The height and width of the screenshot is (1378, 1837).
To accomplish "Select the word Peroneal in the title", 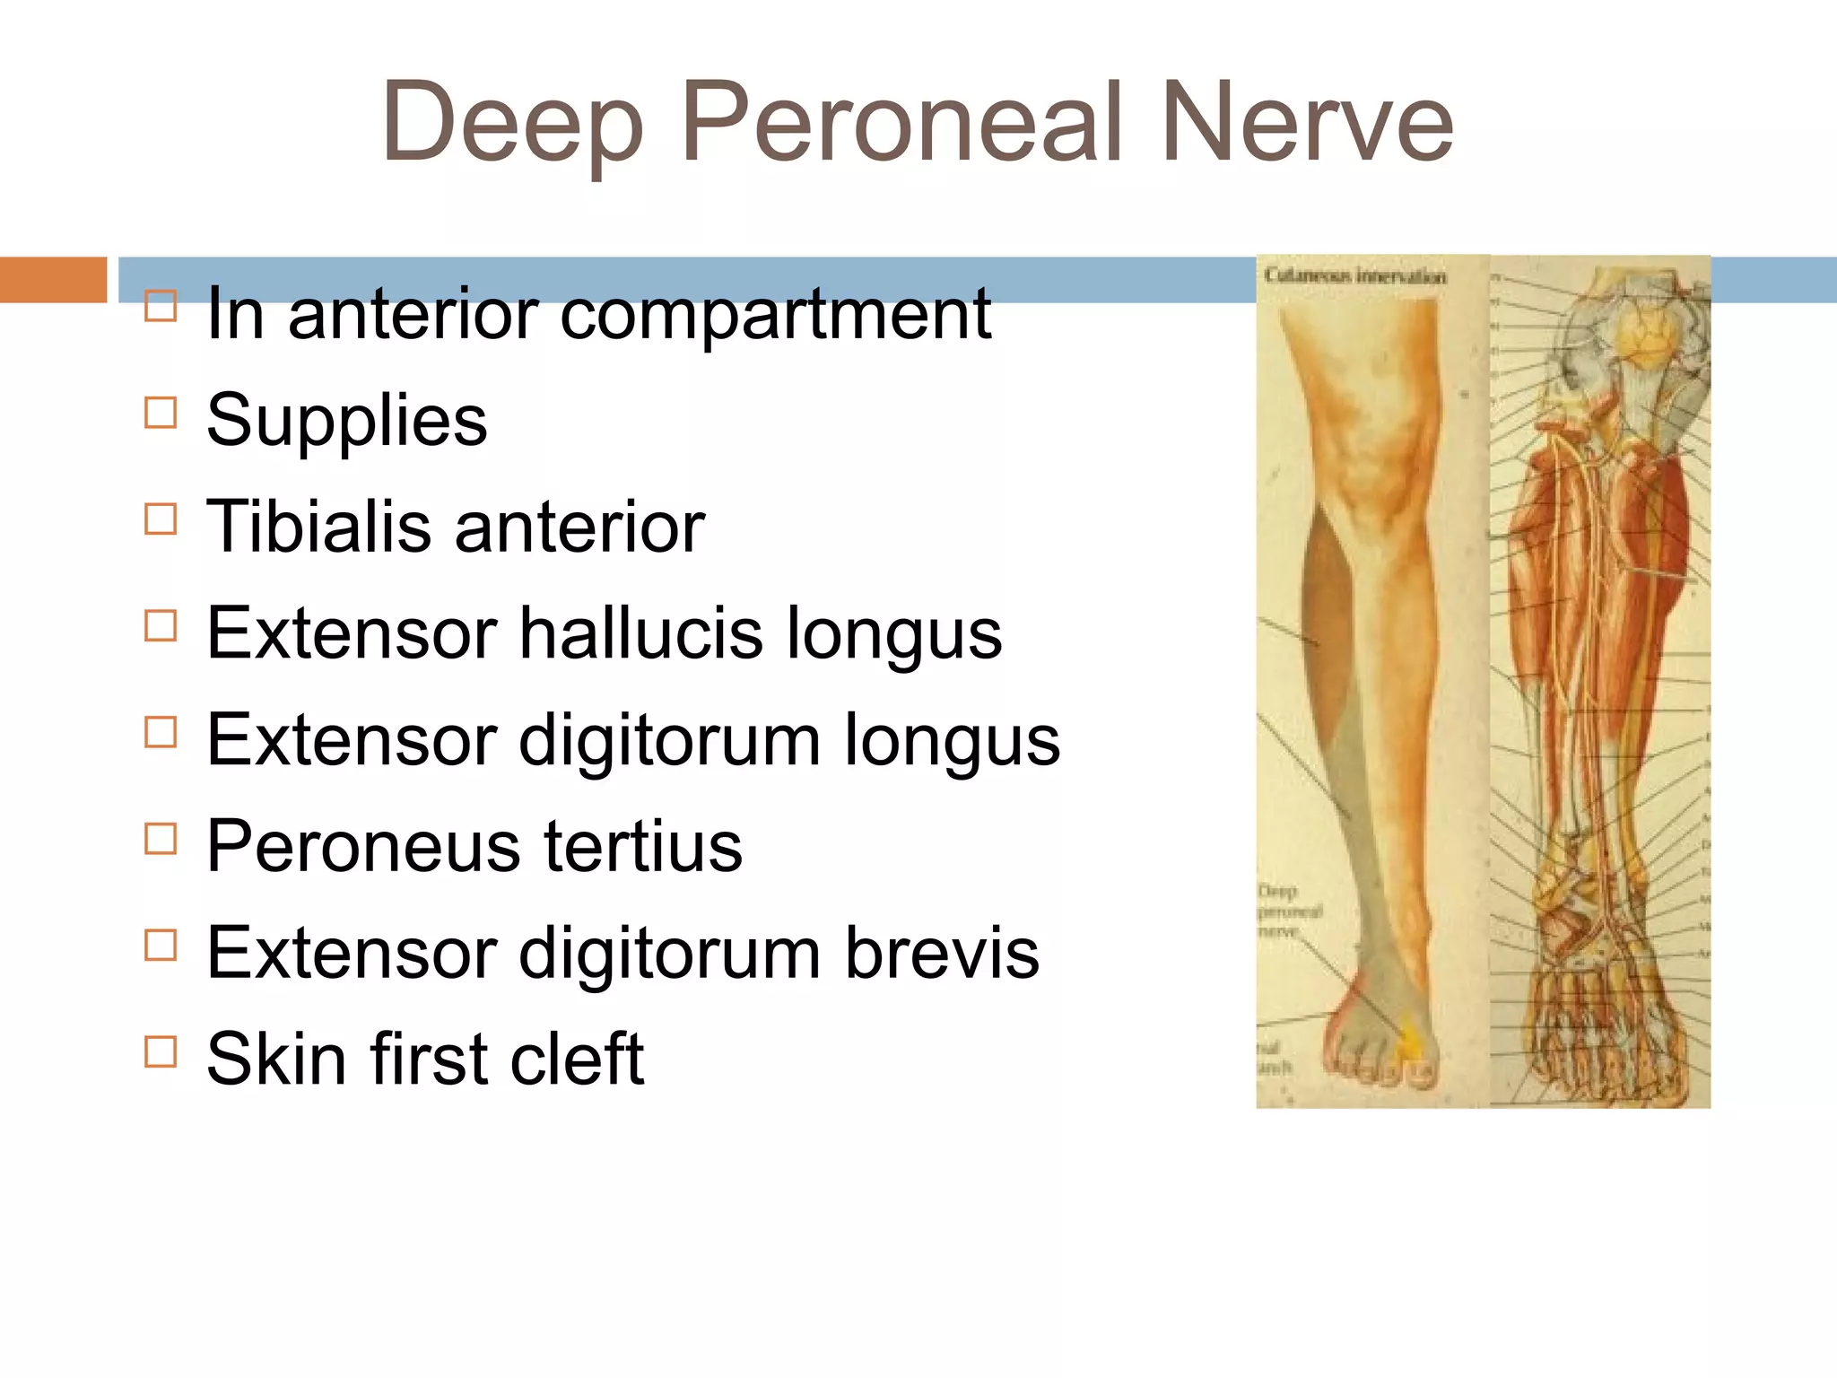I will tap(901, 124).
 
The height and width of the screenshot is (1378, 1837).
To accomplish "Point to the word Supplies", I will tap(346, 420).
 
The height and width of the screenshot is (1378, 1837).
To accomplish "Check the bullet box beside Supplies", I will tap(161, 413).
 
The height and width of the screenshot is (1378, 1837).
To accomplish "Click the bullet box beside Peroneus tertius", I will tap(161, 839).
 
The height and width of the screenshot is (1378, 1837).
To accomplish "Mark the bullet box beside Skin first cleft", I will tap(161, 1051).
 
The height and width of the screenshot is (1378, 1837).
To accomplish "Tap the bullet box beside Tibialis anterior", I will tap(161, 519).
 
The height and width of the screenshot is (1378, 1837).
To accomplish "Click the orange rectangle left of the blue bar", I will tap(53, 279).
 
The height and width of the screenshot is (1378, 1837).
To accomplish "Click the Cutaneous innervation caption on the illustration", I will tap(1354, 275).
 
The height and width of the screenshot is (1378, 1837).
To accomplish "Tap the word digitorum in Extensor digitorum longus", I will tap(669, 740).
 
